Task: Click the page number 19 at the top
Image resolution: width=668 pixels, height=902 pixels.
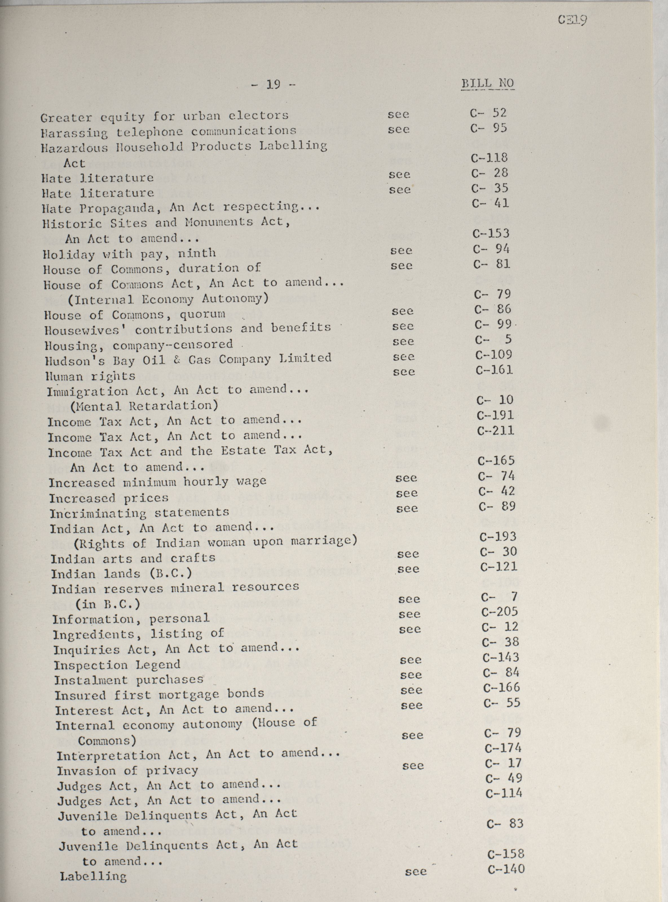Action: (273, 85)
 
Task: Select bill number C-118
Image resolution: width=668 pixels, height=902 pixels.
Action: (489, 157)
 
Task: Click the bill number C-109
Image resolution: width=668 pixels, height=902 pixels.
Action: (494, 355)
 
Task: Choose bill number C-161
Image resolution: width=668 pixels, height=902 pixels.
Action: (494, 370)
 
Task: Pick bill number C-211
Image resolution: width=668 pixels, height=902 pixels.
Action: (495, 431)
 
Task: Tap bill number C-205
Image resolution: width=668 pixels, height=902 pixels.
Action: (499, 612)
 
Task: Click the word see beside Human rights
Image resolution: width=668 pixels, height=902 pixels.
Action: (404, 372)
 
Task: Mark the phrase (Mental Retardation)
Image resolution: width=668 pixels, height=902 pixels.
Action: (144, 406)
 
